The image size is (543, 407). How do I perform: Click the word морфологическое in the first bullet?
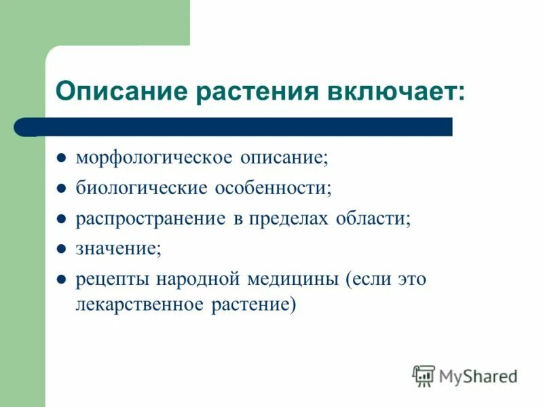[154, 158]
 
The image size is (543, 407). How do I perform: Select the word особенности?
[274, 189]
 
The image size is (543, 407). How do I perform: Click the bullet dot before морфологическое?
[61, 159]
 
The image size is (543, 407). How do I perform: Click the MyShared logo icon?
[424, 375]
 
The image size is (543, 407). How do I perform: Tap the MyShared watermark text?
[479, 376]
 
